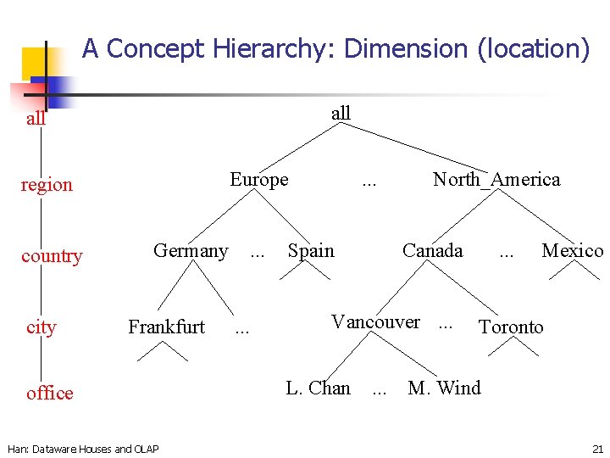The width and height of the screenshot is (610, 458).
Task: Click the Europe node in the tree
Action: pyautogui.click(x=259, y=180)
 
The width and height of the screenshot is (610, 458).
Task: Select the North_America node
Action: pyautogui.click(x=496, y=180)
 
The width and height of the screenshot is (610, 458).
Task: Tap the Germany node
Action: pyautogui.click(x=191, y=251)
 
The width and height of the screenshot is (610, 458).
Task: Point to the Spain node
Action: pyautogui.click(x=311, y=251)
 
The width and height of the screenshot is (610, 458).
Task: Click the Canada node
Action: pyautogui.click(x=432, y=251)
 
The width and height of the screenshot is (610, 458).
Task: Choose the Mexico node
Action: pyautogui.click(x=573, y=251)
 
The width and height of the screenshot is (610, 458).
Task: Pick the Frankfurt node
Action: pyautogui.click(x=166, y=327)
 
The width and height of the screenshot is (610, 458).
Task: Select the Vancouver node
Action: pyautogui.click(x=375, y=322)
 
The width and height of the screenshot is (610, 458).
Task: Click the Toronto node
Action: pyautogui.click(x=511, y=327)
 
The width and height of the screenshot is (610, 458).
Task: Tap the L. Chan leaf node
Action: pyautogui.click(x=318, y=388)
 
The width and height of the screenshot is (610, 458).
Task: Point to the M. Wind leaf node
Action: pyautogui.click(x=444, y=388)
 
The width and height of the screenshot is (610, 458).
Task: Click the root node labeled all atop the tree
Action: pyautogui.click(x=341, y=113)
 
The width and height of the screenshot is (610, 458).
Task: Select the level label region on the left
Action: pyautogui.click(x=47, y=185)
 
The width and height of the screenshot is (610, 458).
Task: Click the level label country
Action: pyautogui.click(x=52, y=256)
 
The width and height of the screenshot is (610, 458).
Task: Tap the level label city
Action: pyautogui.click(x=41, y=327)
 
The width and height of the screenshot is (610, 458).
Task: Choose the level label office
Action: pyautogui.click(x=49, y=393)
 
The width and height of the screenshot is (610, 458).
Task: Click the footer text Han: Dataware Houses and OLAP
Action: pyautogui.click(x=82, y=448)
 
